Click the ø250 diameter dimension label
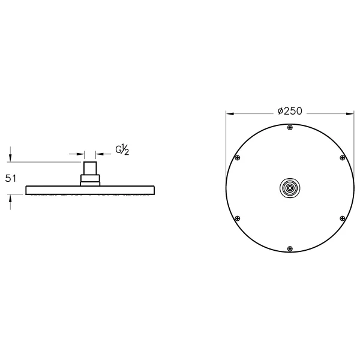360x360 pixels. pyautogui.click(x=290, y=111)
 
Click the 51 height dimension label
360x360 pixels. pyautogui.click(x=11, y=178)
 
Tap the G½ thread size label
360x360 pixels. pyautogui.click(x=122, y=149)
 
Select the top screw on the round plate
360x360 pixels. pyautogui.click(x=290, y=127)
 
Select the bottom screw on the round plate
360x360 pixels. pyautogui.click(x=290, y=248)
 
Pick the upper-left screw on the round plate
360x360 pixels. pyautogui.click(x=238, y=158)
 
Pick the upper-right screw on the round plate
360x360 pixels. pyautogui.click(x=343, y=158)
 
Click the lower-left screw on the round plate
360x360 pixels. pyautogui.click(x=238, y=218)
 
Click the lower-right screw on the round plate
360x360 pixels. pyautogui.click(x=343, y=218)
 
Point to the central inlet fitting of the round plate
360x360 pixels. pyautogui.click(x=290, y=188)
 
